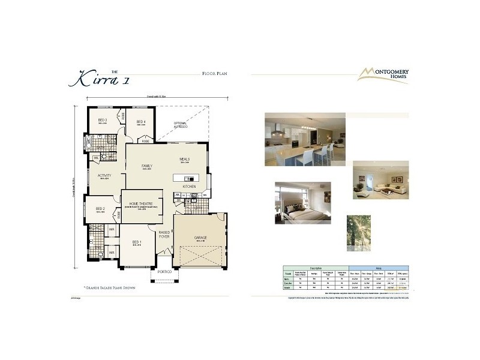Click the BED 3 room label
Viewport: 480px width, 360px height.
[x=102, y=120]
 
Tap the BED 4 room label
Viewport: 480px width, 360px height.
[x=141, y=122]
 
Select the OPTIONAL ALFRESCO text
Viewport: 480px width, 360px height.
[x=181, y=125]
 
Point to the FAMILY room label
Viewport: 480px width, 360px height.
[x=146, y=166]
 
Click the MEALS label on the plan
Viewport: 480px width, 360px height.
[x=184, y=160]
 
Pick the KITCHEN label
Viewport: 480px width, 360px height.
[x=189, y=187]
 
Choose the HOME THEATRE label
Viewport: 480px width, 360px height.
[x=142, y=203]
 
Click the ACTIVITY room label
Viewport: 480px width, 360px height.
[x=104, y=176]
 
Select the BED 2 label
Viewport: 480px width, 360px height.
[x=100, y=209]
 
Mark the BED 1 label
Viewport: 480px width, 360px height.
[x=137, y=242]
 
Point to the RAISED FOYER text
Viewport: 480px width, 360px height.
[x=164, y=235]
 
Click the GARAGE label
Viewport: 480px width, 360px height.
[x=200, y=238]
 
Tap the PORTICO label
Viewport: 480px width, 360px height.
[x=164, y=272]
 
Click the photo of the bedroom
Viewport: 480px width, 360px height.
[x=302, y=202]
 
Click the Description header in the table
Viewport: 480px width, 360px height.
[x=315, y=268]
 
